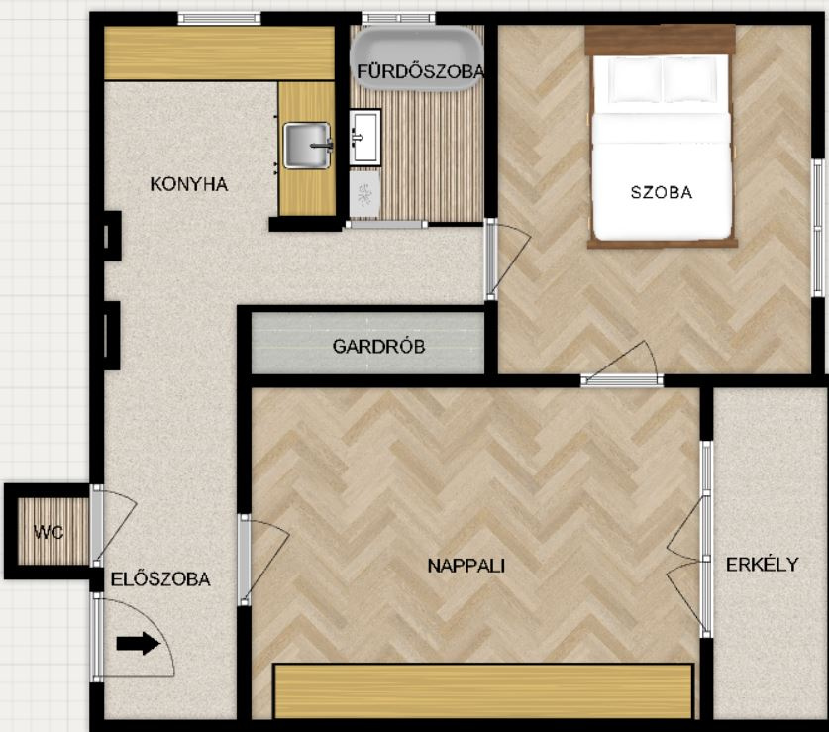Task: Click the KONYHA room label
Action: pos(189,184)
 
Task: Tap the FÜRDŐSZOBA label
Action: pos(420,72)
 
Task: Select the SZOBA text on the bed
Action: pos(662,192)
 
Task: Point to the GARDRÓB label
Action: pos(378,347)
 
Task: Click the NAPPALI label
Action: pos(466,566)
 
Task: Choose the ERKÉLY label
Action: pos(762,565)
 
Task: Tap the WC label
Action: pos(49,532)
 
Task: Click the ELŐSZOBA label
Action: pos(160,579)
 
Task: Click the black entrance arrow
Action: pos(138,644)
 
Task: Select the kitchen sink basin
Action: pos(307,145)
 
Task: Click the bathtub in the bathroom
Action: pos(417,58)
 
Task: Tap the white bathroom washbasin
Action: pos(364,137)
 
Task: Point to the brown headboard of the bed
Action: pos(661,40)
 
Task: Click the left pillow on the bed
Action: pos(628,80)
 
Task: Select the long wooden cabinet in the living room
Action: pos(483,691)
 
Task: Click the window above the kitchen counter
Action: pos(219,19)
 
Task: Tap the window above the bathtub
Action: pos(398,19)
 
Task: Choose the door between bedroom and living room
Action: pos(622,379)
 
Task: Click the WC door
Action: pos(97,526)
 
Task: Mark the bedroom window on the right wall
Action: pos(818,228)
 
